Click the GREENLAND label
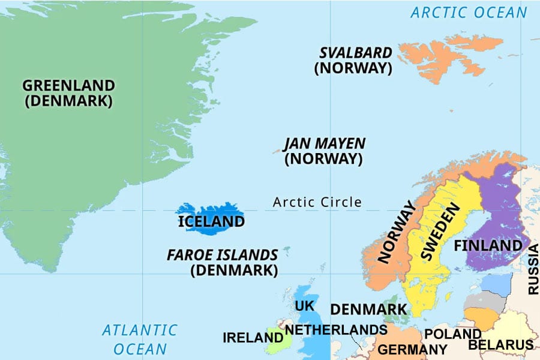[x=68, y=85]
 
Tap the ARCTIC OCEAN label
[x=469, y=12]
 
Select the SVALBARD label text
[x=356, y=53]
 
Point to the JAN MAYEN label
[x=324, y=143]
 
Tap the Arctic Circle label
[x=317, y=202]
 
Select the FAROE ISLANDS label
[x=223, y=255]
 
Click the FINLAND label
[x=488, y=246]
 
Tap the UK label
[x=304, y=306]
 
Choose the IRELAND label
[x=253, y=338]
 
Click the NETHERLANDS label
[x=335, y=330]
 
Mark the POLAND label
[x=452, y=334]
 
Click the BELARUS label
[x=500, y=345]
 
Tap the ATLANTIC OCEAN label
[x=140, y=339]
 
